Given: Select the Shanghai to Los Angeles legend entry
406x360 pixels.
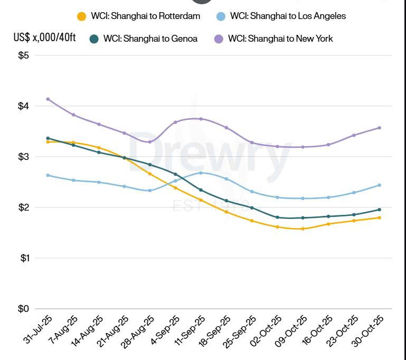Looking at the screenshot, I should [282, 16].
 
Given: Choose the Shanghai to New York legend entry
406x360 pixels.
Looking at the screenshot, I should [274, 39].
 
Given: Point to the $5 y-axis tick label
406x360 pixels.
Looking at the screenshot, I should [24, 55].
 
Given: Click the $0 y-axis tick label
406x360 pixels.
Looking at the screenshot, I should [24, 309].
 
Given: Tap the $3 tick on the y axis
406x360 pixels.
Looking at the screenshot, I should [24, 157].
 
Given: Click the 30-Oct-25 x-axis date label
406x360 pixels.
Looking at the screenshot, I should [369, 330].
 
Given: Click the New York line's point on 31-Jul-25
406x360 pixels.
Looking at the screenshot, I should [48, 99].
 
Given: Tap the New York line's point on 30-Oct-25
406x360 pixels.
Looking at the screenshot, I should [380, 128].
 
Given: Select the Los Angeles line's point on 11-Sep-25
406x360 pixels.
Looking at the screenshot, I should [201, 173].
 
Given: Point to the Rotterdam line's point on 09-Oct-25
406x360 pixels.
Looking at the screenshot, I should [303, 229].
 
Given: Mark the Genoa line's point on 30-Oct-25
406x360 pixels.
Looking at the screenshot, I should [380, 210].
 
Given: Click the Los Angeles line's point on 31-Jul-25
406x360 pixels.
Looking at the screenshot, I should [48, 175].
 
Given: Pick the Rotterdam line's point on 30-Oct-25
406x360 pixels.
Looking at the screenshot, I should [380, 217].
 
